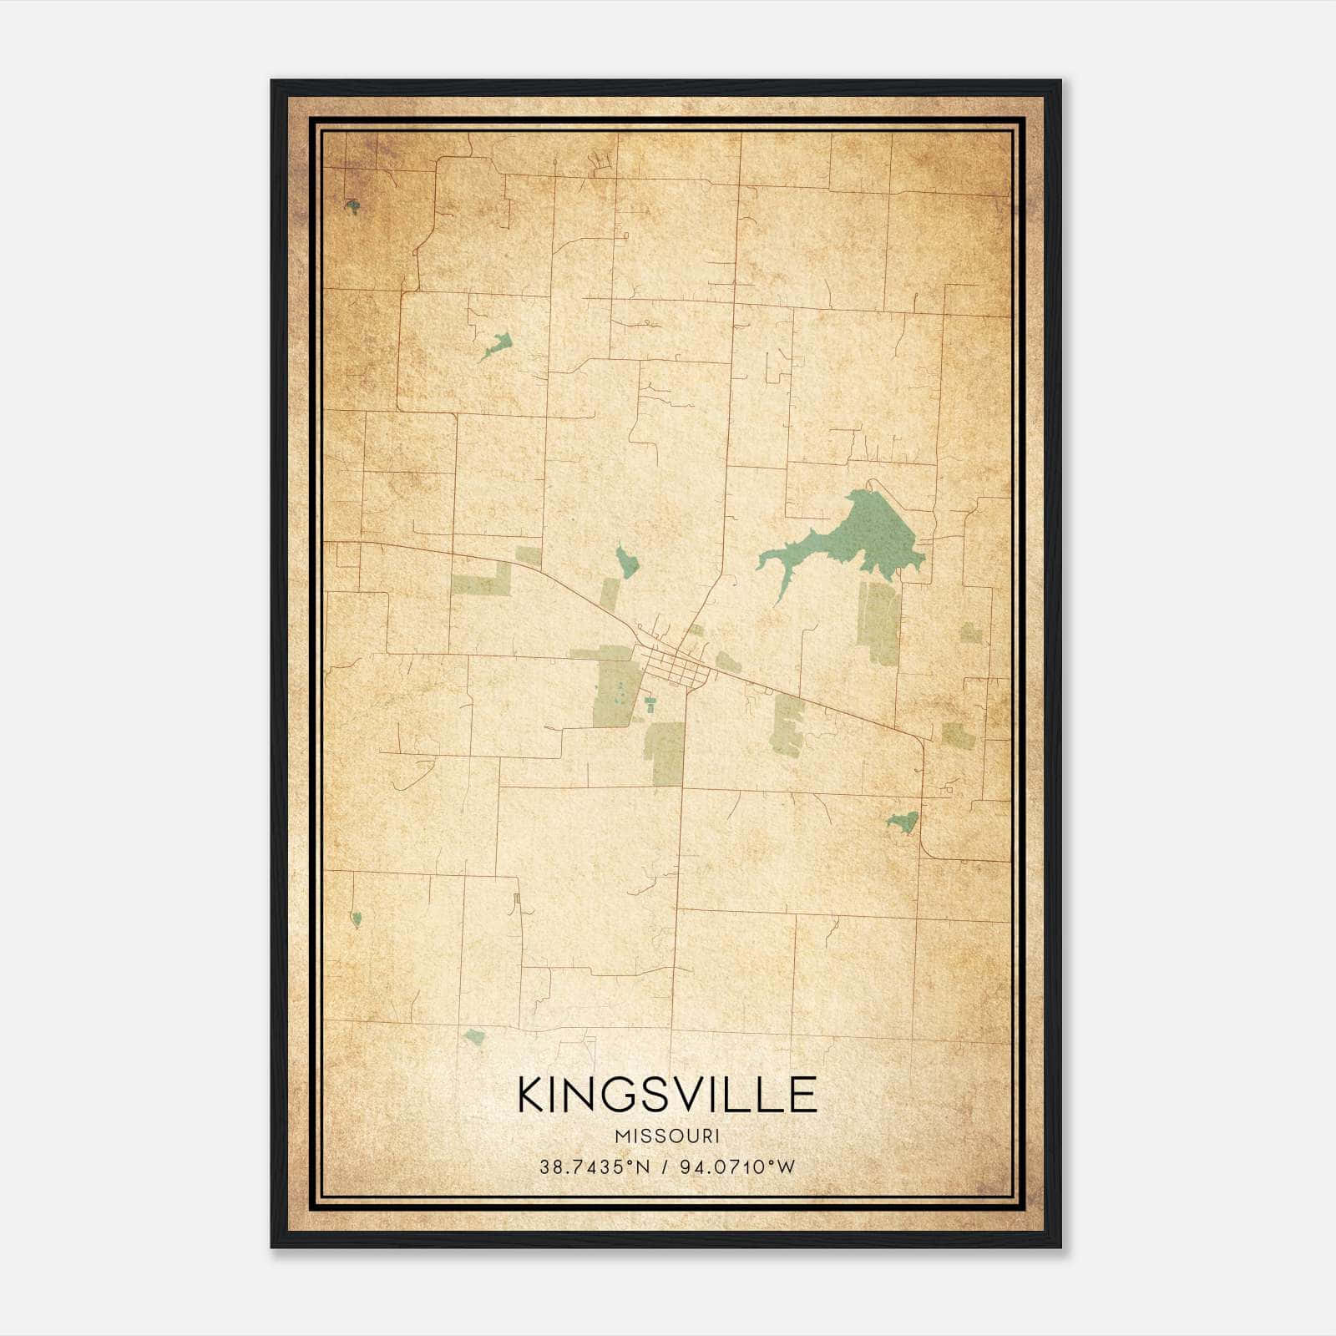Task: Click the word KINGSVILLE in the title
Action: tap(667, 1095)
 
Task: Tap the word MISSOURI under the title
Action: tap(667, 1136)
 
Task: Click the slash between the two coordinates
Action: tap(665, 1167)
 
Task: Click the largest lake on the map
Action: tap(868, 534)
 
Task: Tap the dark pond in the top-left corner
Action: tap(353, 205)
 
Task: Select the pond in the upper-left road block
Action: tap(498, 343)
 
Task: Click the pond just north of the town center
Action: tap(626, 562)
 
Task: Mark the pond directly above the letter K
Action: tap(474, 1037)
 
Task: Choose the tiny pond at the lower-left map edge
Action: tap(357, 918)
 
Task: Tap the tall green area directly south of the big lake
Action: tap(878, 622)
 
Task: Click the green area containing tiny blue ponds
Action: tap(616, 693)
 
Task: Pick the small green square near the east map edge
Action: tap(970, 633)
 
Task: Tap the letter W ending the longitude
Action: tap(787, 1167)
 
